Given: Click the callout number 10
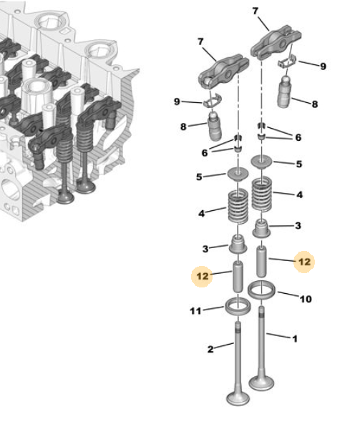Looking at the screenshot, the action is tap(306, 299).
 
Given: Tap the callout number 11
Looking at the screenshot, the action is tap(195, 311).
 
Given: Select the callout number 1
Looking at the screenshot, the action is tap(295, 338).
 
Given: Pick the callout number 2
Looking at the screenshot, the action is tap(210, 349).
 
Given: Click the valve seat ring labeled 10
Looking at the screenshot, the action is tap(261, 290).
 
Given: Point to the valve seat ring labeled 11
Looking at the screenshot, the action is tap(238, 306).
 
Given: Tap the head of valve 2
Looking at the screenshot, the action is tap(238, 398).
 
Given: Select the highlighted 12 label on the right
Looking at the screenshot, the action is tap(304, 262).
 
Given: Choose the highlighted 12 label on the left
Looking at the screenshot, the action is tap(203, 276).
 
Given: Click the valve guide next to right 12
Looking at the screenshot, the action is tap(261, 262).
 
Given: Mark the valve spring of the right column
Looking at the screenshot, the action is tap(261, 194).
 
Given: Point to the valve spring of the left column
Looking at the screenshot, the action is tap(238, 207).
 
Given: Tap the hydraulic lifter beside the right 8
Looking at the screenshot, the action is tap(284, 92).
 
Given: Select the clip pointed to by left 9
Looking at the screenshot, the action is tap(213, 100).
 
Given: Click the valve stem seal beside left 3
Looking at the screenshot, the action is tap(238, 245).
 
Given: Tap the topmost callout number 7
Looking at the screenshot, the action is tap(256, 11).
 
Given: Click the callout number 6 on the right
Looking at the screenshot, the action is tap(298, 137).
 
